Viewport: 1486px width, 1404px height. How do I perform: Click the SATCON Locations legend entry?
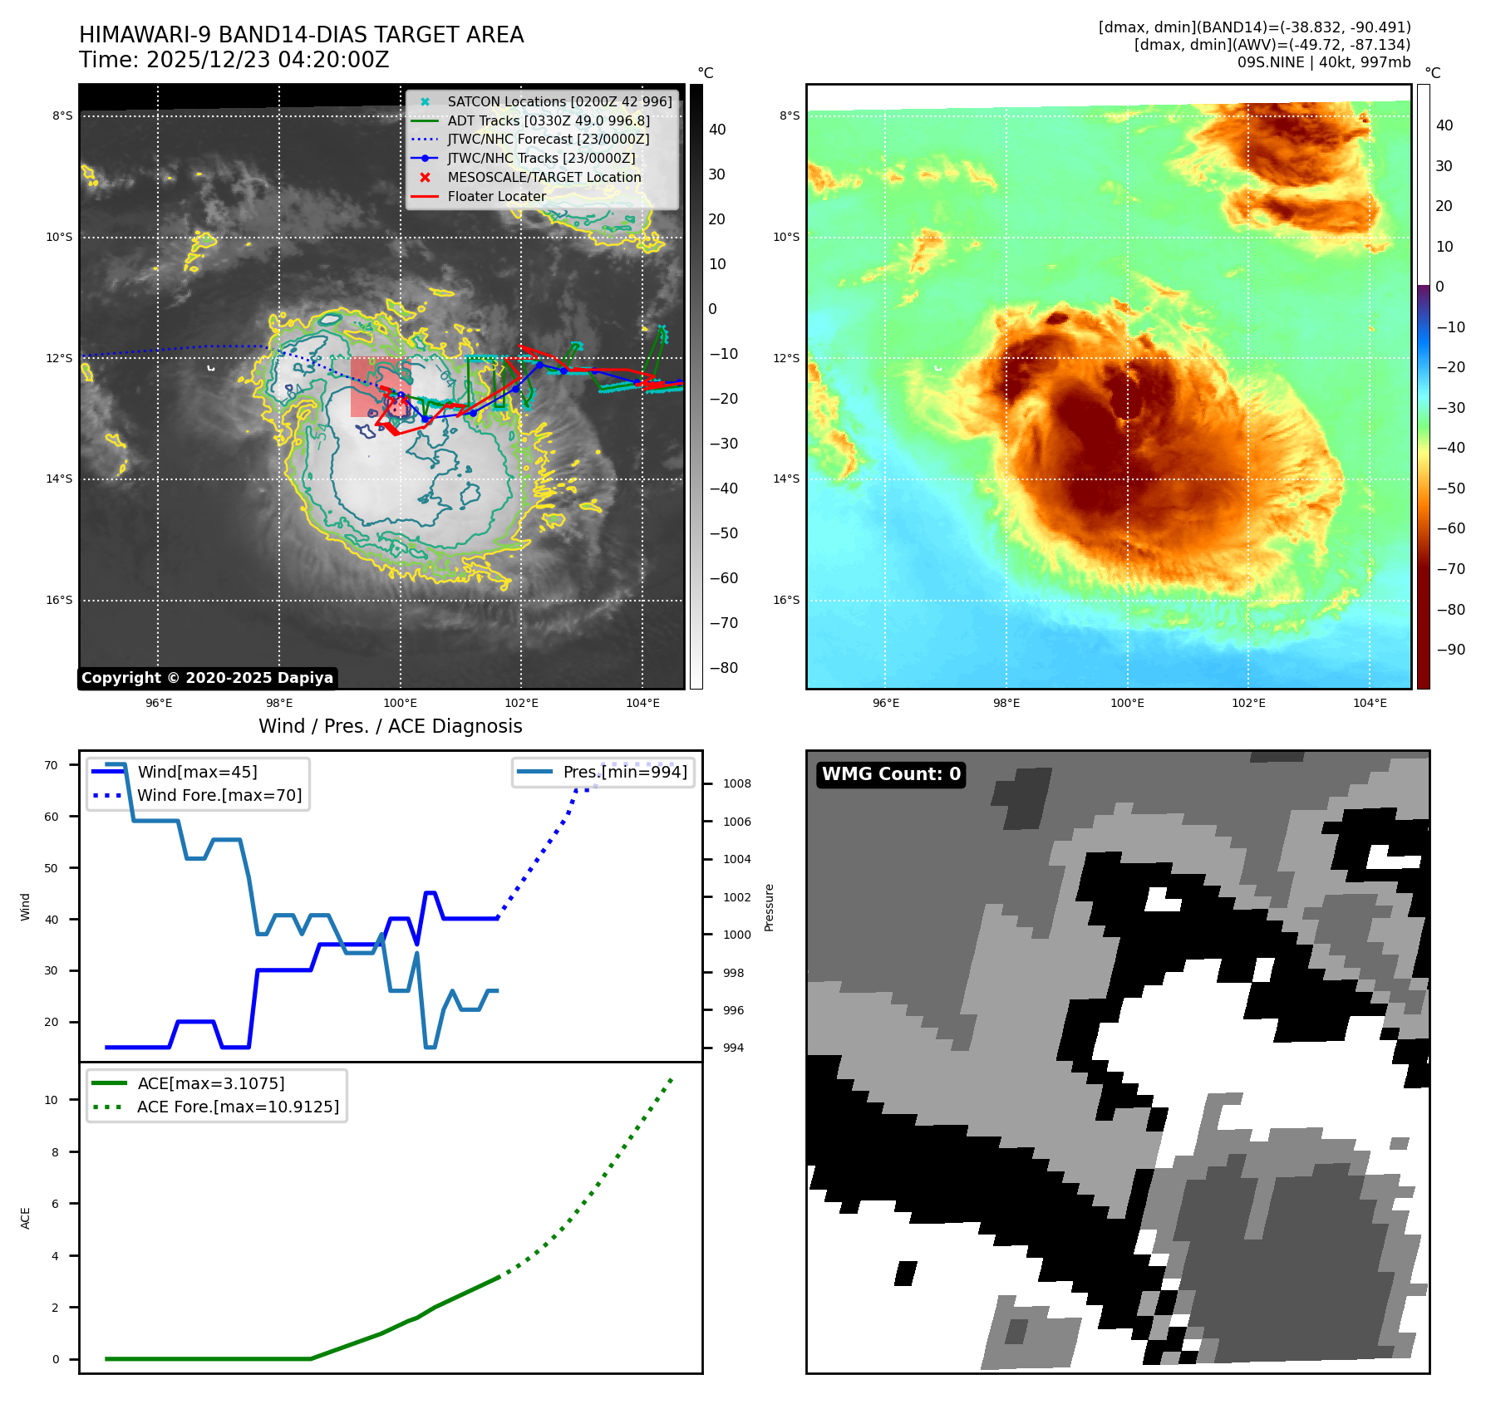[559, 101]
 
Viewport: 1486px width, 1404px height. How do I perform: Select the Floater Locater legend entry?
[496, 197]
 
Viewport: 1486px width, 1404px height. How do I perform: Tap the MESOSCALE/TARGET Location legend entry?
[544, 178]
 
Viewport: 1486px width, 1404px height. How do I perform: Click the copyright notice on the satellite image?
[207, 678]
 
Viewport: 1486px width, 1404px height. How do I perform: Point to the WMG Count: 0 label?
[891, 774]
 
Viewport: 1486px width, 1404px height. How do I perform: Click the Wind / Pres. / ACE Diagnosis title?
[390, 726]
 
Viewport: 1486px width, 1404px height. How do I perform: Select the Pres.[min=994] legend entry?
[624, 773]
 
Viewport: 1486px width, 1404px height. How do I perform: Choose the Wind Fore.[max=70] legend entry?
[219, 796]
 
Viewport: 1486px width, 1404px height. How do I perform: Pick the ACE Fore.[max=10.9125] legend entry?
[238, 1107]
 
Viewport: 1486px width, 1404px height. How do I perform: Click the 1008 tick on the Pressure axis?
[736, 783]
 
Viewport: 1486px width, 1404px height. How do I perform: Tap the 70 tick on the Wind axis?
[52, 765]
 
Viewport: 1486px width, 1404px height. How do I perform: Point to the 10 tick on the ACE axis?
[52, 1100]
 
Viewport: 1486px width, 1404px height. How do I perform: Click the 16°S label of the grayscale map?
[59, 601]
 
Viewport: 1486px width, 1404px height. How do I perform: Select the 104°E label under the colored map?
[1370, 703]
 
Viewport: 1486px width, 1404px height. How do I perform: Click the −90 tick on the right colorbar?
[1451, 650]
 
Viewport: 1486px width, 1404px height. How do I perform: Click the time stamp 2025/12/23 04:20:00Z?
[268, 61]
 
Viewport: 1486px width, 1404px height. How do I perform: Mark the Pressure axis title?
[769, 907]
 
